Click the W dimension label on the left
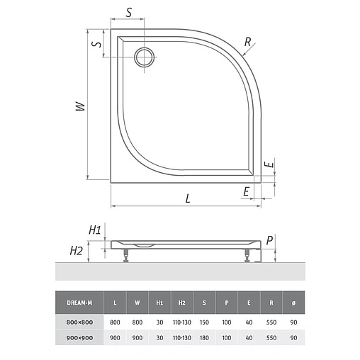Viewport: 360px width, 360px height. (80, 106)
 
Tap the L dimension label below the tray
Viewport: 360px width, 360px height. (188, 198)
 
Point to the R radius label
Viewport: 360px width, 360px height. (247, 42)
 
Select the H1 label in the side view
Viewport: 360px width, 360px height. (95, 230)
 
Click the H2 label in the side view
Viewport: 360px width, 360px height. (77, 250)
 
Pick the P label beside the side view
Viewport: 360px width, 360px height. (269, 240)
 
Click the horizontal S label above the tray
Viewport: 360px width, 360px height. (129, 13)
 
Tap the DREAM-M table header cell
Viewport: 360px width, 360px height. (79, 303)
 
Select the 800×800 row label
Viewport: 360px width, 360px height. (79, 322)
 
